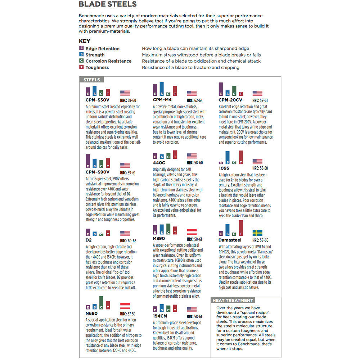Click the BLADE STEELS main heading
click(107, 4)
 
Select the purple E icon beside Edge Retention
click(81, 48)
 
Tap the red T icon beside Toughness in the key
click(81, 67)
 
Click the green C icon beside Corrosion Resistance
click(81, 60)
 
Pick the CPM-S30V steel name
click(97, 100)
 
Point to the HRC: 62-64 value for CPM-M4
click(195, 100)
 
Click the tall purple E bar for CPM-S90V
click(88, 161)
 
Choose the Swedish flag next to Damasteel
click(257, 233)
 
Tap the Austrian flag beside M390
click(192, 232)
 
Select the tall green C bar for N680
click(101, 303)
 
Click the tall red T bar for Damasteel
click(241, 228)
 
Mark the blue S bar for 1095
click(228, 158)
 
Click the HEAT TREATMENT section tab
click(233, 300)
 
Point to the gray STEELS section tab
click(91, 80)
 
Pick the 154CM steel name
click(160, 316)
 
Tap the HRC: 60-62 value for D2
click(128, 240)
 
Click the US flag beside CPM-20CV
click(257, 93)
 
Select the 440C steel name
click(159, 163)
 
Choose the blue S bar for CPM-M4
click(162, 89)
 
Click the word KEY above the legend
click(85, 41)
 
